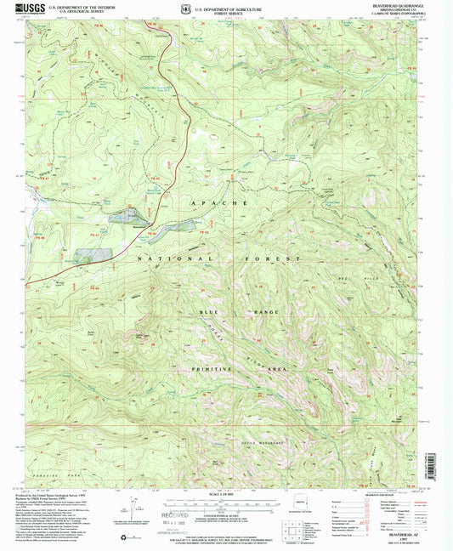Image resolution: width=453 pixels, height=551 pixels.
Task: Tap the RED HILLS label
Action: click(387, 278)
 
